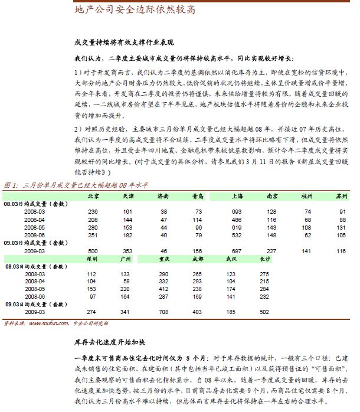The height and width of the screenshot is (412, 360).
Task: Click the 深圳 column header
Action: click(x=91, y=259)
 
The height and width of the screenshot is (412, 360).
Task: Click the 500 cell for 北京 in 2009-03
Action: click(x=93, y=251)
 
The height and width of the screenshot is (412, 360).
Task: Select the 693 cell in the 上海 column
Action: click(x=237, y=211)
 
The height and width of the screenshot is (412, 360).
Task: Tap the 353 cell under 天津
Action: click(x=127, y=251)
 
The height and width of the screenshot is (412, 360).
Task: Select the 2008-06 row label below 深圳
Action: click(x=34, y=296)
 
